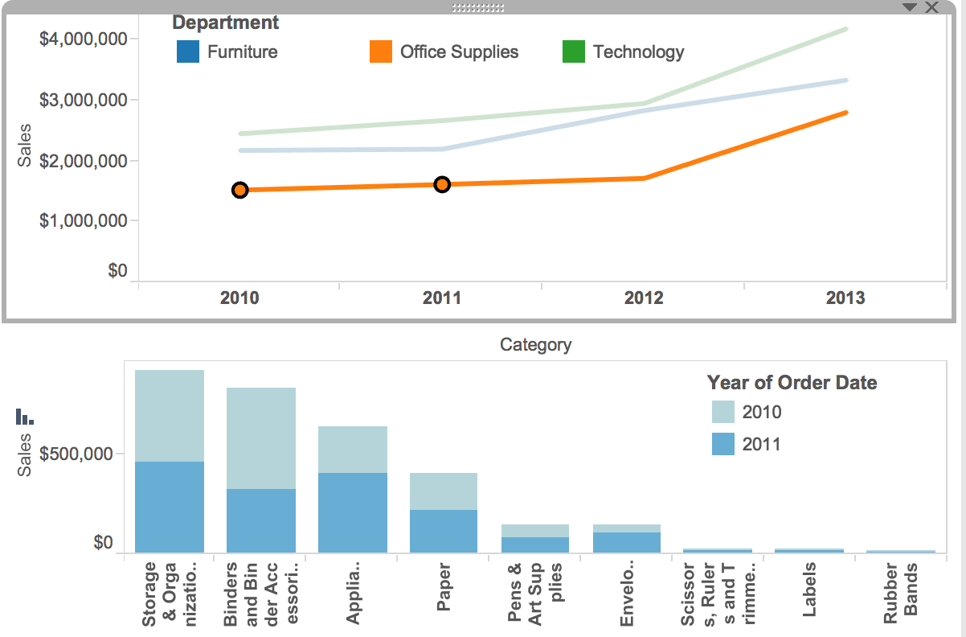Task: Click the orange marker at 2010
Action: click(239, 190)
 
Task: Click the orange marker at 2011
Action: click(442, 185)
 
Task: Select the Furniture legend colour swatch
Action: click(187, 52)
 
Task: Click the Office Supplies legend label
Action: click(459, 52)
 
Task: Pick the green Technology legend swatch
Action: click(574, 52)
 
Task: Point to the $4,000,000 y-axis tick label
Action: click(84, 39)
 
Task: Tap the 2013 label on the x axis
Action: click(845, 298)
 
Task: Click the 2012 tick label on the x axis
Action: click(644, 298)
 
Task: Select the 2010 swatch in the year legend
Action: click(723, 412)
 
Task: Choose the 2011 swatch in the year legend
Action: click(723, 444)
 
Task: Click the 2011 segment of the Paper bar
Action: click(444, 531)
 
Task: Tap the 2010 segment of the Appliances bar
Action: click(353, 449)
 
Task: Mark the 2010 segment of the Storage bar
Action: click(170, 415)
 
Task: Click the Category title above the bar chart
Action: click(535, 345)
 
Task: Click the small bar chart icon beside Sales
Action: click(25, 417)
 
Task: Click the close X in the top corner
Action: click(931, 7)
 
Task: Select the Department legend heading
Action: click(226, 23)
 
